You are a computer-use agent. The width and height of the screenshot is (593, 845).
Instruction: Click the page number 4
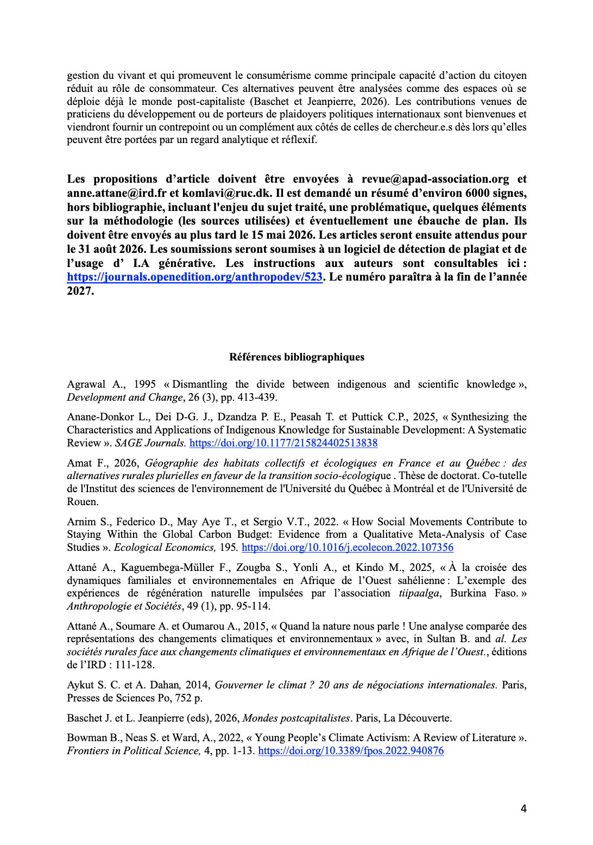[x=523, y=809]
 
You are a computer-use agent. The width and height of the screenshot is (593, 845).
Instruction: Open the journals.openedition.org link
[x=195, y=277]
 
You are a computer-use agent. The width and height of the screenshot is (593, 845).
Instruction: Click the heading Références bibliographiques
[x=296, y=357]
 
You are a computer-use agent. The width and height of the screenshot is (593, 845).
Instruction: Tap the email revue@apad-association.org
[x=435, y=179]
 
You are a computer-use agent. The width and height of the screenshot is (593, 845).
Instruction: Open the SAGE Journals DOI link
[x=283, y=443]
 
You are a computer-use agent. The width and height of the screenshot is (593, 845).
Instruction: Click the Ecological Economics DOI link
[x=347, y=547]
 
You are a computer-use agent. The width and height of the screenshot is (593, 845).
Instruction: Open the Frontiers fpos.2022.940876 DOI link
[x=351, y=751]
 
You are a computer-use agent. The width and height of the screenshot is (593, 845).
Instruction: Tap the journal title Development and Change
[x=125, y=397]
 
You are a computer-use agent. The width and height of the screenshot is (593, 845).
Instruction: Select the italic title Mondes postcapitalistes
[x=296, y=718]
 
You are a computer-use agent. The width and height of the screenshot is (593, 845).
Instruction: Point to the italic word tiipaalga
[x=419, y=593]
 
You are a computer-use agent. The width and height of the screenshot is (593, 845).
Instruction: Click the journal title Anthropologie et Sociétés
[x=124, y=606]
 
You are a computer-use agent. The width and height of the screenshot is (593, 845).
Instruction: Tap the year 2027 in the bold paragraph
[x=80, y=291]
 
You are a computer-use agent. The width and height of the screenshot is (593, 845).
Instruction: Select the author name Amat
[x=79, y=463]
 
